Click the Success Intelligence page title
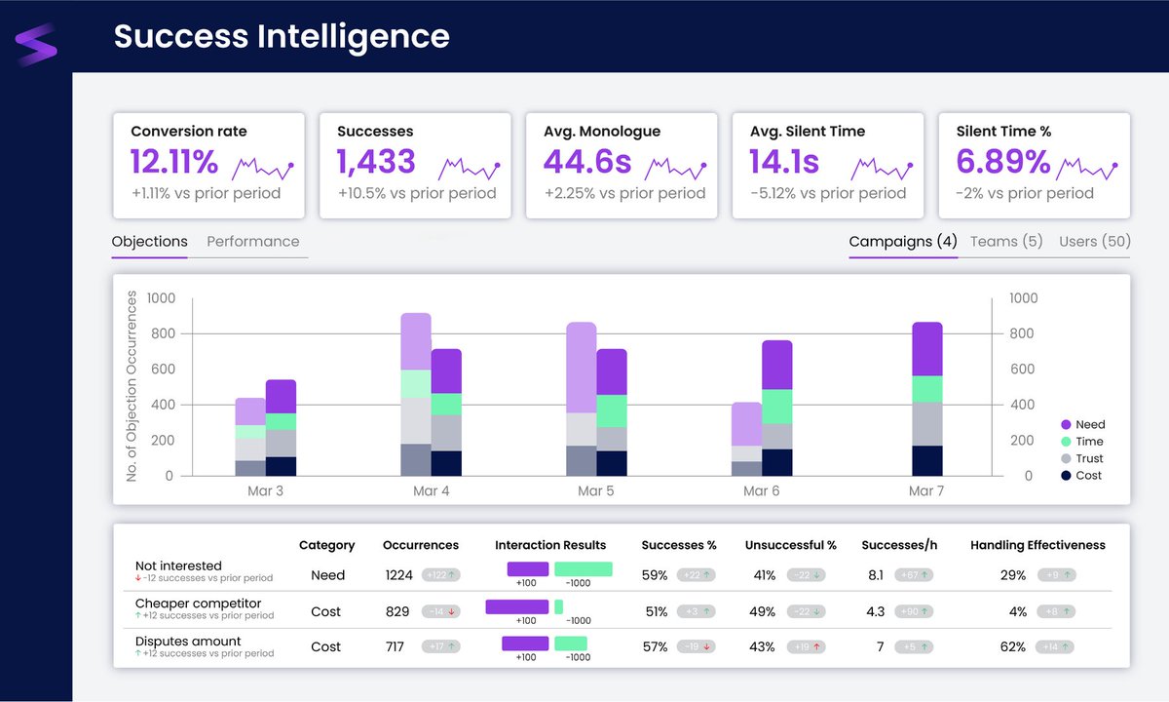[x=282, y=36]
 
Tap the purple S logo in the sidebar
[x=36, y=45]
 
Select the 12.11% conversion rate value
[x=174, y=162]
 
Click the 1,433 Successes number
[x=376, y=162]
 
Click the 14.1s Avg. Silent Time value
[x=784, y=162]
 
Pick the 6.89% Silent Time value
[x=1002, y=162]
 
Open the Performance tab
[x=253, y=242]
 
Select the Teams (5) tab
[x=1006, y=242]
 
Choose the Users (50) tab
[x=1094, y=242]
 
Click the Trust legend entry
[x=1089, y=458]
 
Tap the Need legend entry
[x=1090, y=425]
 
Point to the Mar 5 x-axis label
[x=596, y=491]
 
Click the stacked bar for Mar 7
[x=926, y=399]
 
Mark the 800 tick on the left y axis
[x=162, y=334]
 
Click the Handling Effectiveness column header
[x=1037, y=545]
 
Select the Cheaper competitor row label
[x=199, y=604]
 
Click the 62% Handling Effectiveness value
[x=1013, y=647]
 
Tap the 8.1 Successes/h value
[x=875, y=575]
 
